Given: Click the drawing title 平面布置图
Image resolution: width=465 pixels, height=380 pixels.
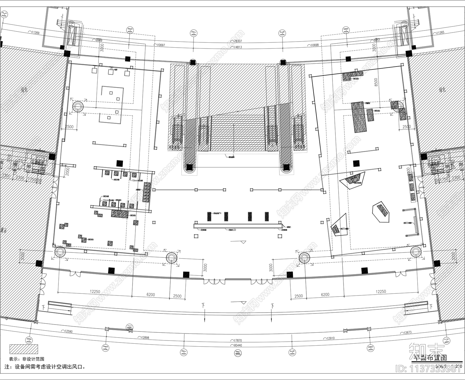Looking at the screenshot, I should tap(430, 357).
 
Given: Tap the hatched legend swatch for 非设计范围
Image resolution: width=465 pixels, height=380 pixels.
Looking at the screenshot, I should tap(24, 349).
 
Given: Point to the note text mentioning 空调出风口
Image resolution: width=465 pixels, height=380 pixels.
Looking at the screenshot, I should tap(45, 367).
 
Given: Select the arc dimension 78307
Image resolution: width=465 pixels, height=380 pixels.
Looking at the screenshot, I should tap(238, 41).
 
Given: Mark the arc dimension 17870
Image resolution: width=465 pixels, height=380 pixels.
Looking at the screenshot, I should tap(237, 340).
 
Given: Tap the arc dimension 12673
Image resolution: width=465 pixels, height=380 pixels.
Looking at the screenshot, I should tap(407, 332).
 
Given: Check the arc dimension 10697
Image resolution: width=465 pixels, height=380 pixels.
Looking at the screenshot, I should tap(161, 45).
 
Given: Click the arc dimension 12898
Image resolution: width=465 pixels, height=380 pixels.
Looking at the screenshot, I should tap(144, 338).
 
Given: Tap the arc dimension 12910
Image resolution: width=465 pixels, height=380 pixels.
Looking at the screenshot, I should tap(330, 338).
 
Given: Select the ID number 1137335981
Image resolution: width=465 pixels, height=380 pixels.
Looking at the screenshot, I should tap(428, 369).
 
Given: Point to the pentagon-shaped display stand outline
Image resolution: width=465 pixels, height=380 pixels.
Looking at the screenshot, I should tap(381, 212).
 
